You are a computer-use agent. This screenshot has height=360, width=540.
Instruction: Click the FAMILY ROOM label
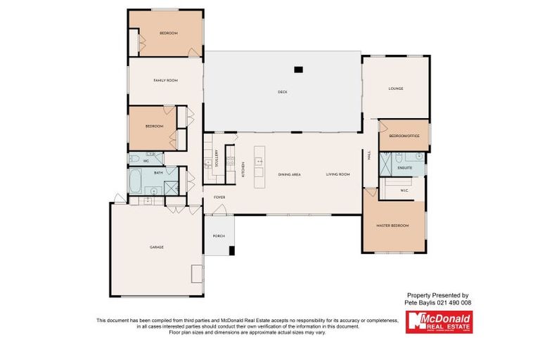click(165, 81)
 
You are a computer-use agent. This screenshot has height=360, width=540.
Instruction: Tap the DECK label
click(283, 92)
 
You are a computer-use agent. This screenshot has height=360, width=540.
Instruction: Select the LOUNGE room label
click(395, 89)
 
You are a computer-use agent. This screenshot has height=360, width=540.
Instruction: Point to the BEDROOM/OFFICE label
click(404, 135)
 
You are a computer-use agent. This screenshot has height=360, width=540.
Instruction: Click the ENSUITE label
click(404, 168)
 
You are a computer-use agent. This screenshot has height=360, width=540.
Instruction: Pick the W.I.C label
click(404, 190)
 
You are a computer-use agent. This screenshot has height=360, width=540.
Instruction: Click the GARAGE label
click(156, 247)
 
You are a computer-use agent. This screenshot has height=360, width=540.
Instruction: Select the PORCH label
click(219, 236)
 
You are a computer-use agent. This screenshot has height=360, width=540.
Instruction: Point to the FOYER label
click(219, 198)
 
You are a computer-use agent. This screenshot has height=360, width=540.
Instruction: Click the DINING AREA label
click(289, 174)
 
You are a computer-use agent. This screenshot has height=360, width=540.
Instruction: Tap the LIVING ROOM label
click(337, 174)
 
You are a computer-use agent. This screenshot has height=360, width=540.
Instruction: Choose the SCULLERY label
click(217, 157)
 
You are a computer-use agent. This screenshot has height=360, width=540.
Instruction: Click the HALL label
click(368, 157)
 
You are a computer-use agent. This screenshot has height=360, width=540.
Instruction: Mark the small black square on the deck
click(298, 70)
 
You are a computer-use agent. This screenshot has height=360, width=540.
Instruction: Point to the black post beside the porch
click(232, 250)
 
